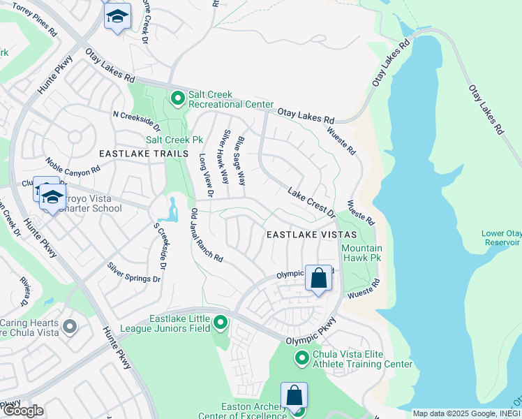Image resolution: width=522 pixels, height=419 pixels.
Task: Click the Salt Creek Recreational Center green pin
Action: [177, 100]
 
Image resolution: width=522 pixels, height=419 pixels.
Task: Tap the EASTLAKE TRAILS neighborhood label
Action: [144, 154]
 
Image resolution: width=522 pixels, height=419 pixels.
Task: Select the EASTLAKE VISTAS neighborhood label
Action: [312, 235]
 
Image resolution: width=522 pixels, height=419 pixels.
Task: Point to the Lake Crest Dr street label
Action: [311, 201]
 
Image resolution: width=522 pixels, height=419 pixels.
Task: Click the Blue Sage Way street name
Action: [240, 161]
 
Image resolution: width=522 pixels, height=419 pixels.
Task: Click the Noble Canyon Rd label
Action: [73, 169]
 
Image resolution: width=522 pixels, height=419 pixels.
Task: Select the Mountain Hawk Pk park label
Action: [361, 253]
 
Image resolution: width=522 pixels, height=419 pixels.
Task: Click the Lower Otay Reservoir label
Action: [500, 238]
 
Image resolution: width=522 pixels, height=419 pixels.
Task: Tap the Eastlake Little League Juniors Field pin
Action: [221, 322]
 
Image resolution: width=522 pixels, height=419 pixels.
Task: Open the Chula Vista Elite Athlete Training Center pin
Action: [302, 359]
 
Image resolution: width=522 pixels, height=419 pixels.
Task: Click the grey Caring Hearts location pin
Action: [69, 327]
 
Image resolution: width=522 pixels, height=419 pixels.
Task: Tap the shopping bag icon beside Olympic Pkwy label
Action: [318, 279]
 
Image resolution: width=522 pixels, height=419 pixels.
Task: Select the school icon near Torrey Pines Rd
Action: [117, 15]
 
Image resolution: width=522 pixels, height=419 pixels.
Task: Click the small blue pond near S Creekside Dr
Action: [172, 209]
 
